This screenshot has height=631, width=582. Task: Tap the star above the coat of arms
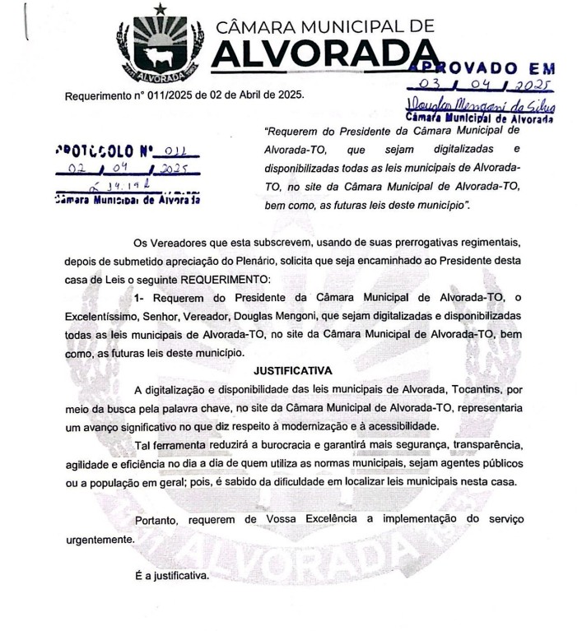point(160,8)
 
